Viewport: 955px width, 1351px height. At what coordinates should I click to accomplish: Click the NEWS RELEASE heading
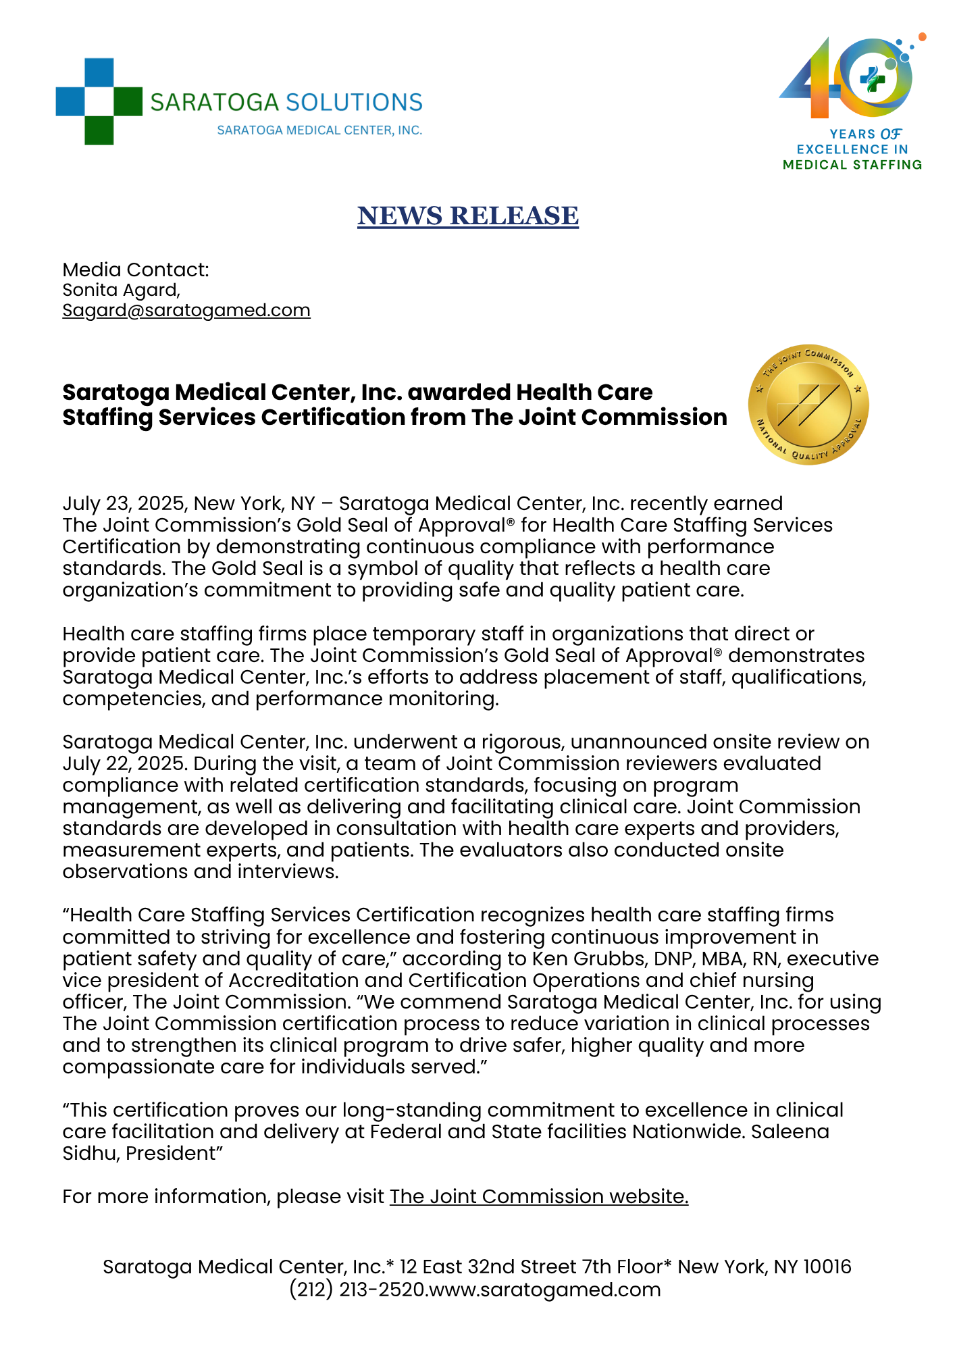467,216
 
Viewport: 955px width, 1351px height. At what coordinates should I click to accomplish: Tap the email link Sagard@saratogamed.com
186,311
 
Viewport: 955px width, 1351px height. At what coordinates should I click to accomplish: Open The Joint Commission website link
539,1196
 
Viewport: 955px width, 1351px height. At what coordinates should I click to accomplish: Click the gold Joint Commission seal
808,405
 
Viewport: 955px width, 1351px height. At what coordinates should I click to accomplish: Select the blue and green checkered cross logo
99,101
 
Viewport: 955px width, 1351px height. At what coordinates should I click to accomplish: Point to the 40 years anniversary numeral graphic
847,80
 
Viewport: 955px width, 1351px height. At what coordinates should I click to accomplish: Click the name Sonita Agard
120,290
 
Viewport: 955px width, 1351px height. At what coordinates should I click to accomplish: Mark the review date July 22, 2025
122,764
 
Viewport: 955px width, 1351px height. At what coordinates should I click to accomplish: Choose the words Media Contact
135,270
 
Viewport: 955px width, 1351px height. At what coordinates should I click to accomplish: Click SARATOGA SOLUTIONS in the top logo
286,103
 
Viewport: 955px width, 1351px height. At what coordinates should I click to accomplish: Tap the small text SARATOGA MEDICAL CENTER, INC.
319,130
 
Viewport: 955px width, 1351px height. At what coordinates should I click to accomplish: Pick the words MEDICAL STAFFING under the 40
852,165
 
